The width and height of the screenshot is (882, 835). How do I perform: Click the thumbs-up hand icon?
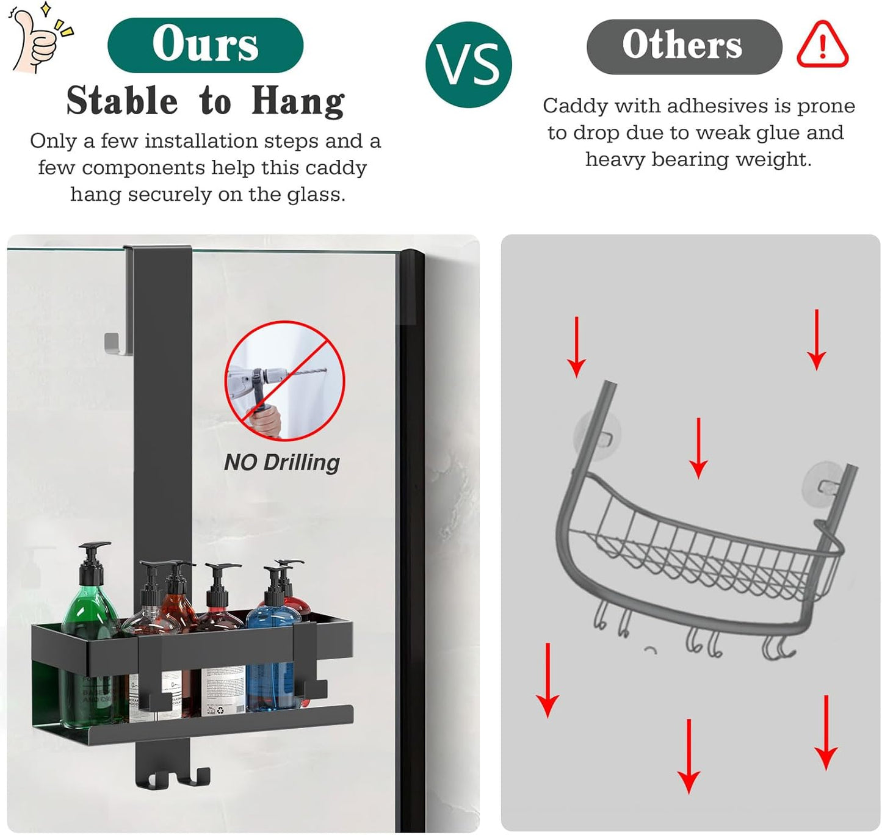pos(35,38)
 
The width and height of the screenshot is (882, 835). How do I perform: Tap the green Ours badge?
pos(205,45)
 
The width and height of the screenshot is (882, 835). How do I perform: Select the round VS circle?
pos(468,65)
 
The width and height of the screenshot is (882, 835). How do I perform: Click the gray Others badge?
pos(684,46)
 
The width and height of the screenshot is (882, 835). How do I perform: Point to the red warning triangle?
pos(822,45)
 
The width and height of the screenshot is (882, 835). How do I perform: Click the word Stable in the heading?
pos(122,101)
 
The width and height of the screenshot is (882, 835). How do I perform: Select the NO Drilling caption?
pos(281,462)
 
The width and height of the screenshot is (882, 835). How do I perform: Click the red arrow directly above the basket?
pos(698,449)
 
